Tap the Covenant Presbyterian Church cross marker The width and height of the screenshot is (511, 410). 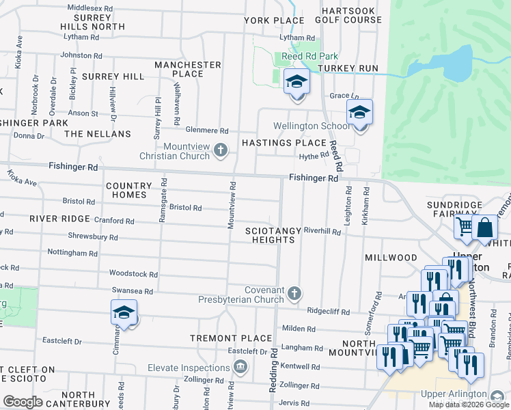tap(294, 293)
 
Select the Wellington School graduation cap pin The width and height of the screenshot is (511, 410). tap(359, 113)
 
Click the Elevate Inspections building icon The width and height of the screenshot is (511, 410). tap(240, 368)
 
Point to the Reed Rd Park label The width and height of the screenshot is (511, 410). tap(301, 57)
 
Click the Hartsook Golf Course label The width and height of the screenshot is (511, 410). tap(351, 15)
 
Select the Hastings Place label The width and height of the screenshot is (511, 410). tap(284, 143)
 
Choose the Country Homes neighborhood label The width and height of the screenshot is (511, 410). tap(129, 190)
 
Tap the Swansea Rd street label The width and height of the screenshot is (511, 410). tap(134, 292)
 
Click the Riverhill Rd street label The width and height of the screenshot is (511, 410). tap(322, 232)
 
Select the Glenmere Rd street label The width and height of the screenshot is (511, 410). tap(207, 131)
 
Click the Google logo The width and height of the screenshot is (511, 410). tap(23, 402)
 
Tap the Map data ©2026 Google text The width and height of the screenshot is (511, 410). tap(468, 405)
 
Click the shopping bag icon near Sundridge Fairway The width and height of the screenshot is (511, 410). tap(484, 228)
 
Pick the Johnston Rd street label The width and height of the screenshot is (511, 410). tap(81, 55)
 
